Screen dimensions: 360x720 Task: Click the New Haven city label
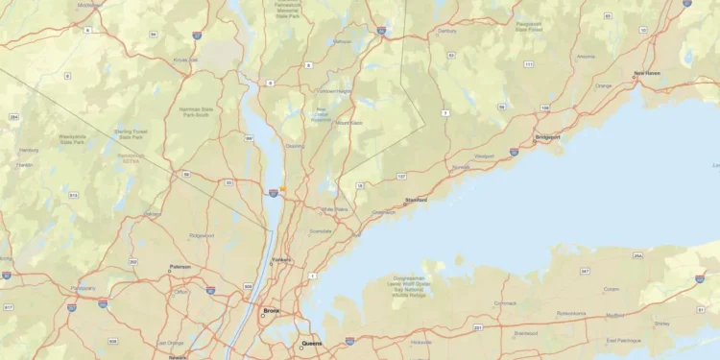pos(646,74)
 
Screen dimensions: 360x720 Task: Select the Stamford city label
pos(416,200)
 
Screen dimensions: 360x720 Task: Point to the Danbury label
pos(447,31)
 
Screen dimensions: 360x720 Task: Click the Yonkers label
pos(281,259)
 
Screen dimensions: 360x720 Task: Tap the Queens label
pos(312,343)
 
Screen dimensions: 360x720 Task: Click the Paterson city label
pos(180,267)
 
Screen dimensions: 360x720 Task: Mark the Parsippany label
pos(84,287)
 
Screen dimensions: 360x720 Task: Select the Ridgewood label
pos(202,235)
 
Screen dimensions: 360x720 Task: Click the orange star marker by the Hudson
pos(282,188)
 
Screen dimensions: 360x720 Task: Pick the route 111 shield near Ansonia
pos(529,63)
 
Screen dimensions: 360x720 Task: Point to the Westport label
pos(484,156)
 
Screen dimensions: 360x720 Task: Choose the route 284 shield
pos(13,117)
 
